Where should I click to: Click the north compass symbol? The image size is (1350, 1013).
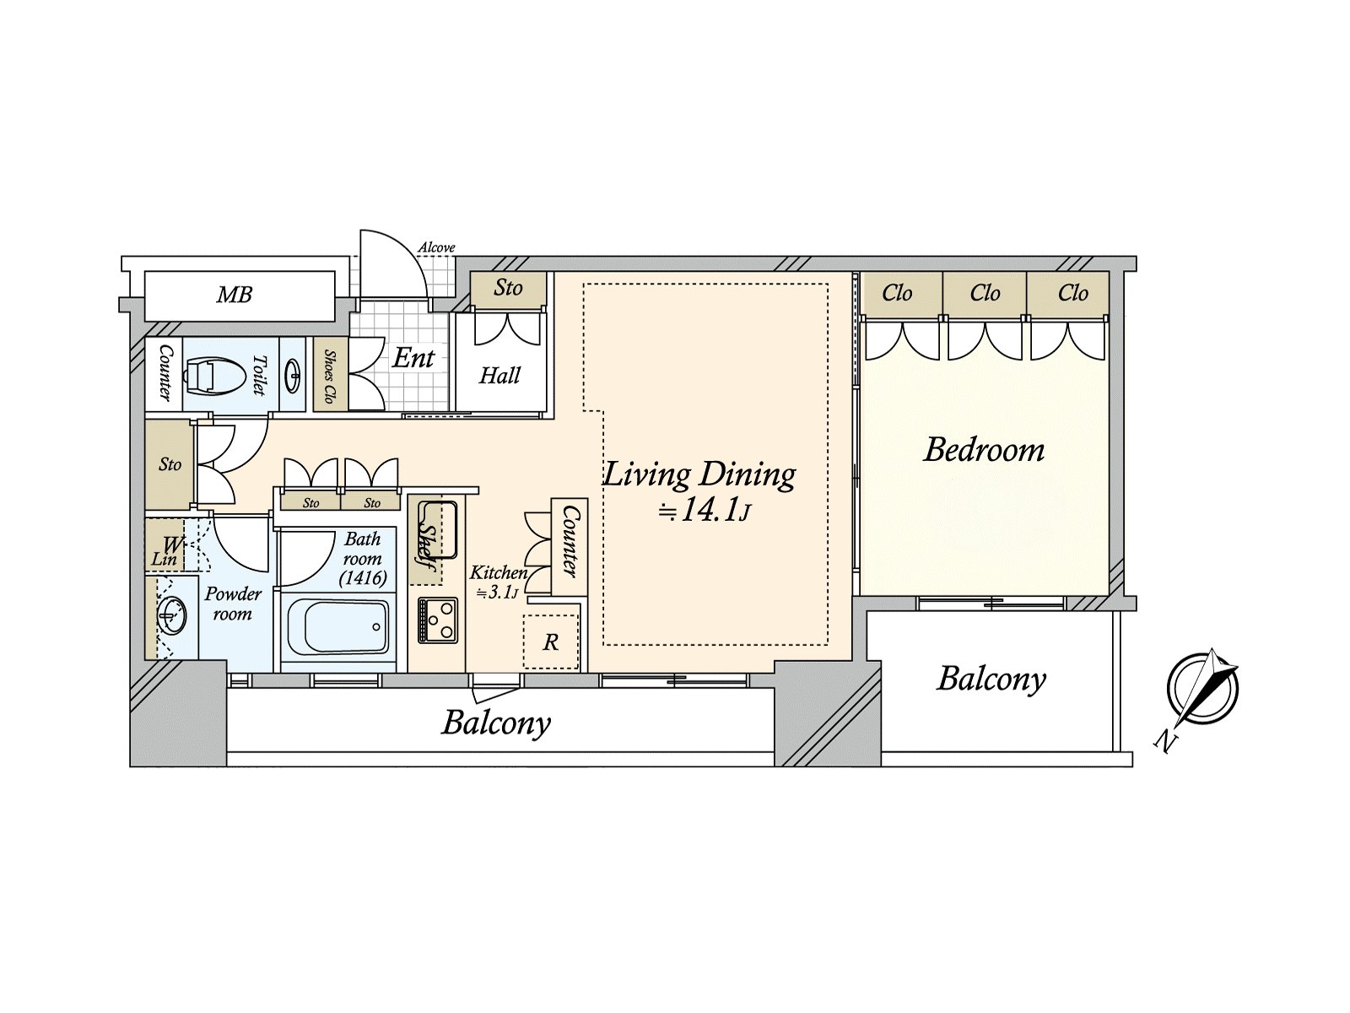click(x=1202, y=688)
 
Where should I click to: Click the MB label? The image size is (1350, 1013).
click(x=235, y=295)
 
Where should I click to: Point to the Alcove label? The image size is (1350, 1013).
click(x=437, y=247)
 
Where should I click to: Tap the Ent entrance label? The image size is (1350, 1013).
click(x=413, y=357)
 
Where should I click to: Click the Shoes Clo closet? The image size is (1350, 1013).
click(x=331, y=375)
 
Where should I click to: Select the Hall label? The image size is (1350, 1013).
click(x=499, y=375)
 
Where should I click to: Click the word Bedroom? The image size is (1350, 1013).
click(x=984, y=450)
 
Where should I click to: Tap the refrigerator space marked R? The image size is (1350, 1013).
click(x=550, y=642)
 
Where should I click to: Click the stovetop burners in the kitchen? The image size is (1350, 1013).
click(x=437, y=620)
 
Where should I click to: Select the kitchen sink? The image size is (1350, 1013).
click(x=437, y=530)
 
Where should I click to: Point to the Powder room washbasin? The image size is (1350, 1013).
click(x=171, y=615)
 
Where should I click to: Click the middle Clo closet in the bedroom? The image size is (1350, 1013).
click(x=985, y=294)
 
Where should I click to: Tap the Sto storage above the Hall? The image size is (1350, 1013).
click(x=508, y=289)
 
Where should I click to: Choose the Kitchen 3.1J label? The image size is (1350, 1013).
click(x=498, y=582)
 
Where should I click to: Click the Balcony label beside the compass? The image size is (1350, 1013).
click(x=991, y=680)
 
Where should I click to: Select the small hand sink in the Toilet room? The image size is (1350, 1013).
click(x=294, y=374)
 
